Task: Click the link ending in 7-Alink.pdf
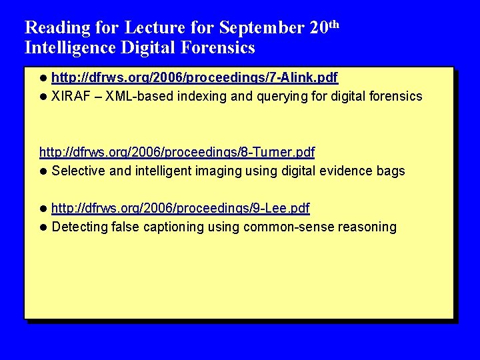point(195,79)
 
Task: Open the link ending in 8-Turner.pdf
point(177,153)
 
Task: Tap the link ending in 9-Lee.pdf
point(180,209)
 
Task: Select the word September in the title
point(262,28)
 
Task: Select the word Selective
point(78,171)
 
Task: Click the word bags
point(391,171)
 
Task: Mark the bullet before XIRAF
point(44,97)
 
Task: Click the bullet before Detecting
point(44,227)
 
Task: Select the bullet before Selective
point(44,171)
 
